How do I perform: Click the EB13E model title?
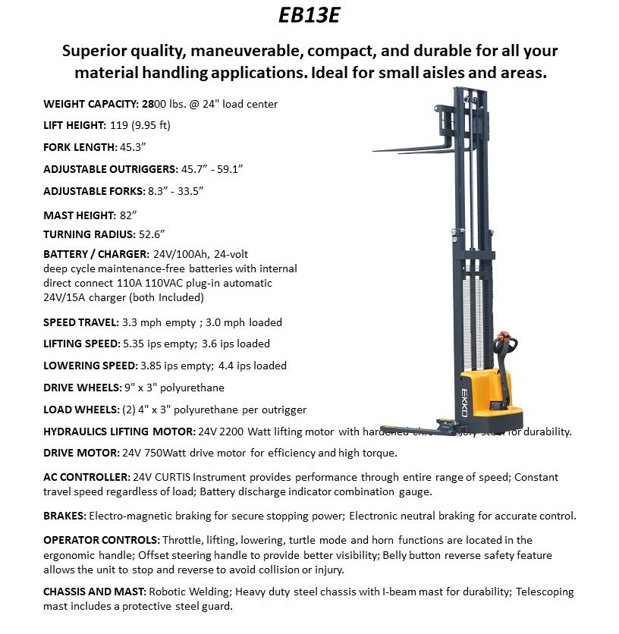click(x=309, y=16)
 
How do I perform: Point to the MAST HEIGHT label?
click(x=79, y=215)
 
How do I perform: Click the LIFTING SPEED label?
click(x=81, y=344)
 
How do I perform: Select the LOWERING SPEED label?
click(x=89, y=366)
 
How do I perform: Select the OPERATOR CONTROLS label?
click(x=101, y=540)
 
